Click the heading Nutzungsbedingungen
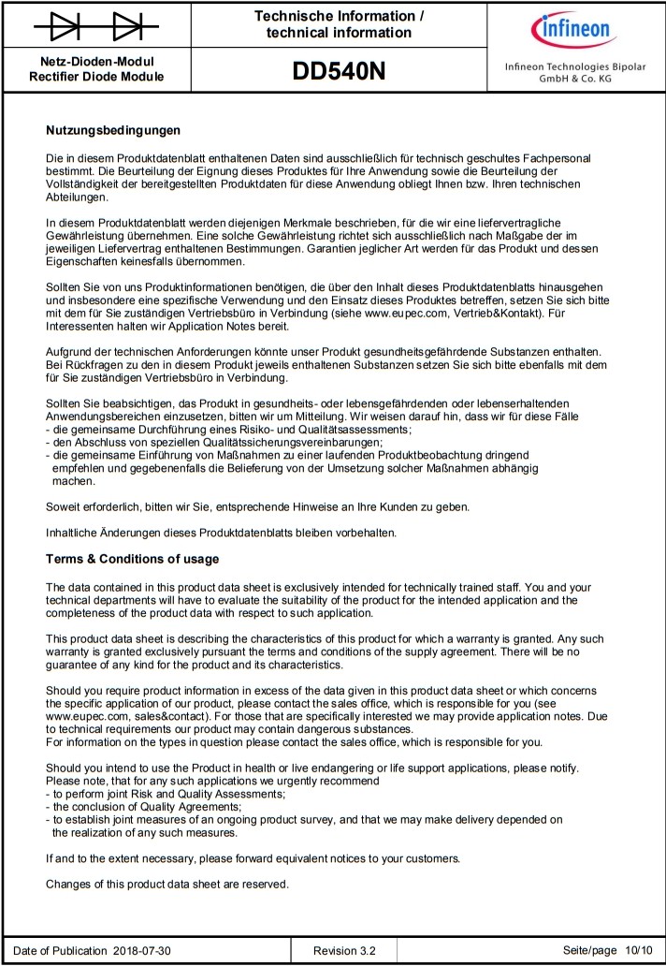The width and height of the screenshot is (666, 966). click(x=113, y=130)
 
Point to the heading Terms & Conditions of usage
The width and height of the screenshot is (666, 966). click(x=133, y=560)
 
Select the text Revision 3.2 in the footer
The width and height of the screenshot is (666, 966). click(x=344, y=951)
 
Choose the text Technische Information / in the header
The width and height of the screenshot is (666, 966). click(x=339, y=16)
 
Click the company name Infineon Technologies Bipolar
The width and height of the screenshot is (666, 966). click(x=574, y=66)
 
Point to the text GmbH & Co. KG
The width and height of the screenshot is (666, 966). click(x=574, y=80)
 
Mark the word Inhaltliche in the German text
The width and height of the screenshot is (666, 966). click(x=73, y=533)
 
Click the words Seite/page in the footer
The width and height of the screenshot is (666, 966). click(x=590, y=951)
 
